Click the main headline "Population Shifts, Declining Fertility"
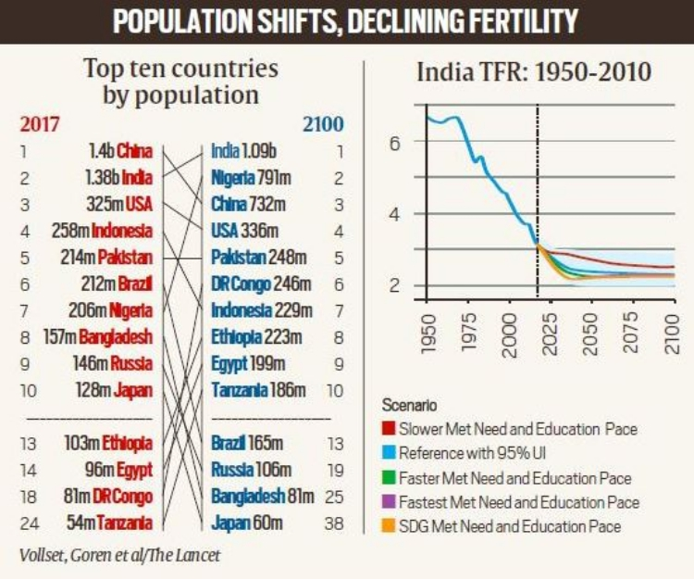[x=347, y=21]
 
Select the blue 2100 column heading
[x=323, y=123]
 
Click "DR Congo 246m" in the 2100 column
[x=258, y=284]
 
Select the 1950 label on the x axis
[x=428, y=331]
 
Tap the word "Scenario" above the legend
[x=413, y=406]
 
